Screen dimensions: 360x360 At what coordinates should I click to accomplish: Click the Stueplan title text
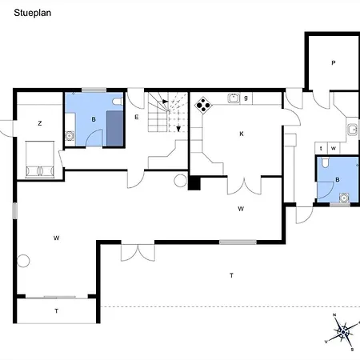point(33,13)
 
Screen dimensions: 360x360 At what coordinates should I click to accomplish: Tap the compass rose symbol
point(342,332)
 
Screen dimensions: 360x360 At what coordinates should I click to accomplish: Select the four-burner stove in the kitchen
point(203,106)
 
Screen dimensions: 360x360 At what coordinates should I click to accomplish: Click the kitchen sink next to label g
point(234,98)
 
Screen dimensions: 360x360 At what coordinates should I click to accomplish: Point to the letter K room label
point(242,134)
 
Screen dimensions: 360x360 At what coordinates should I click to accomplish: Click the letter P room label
point(334,63)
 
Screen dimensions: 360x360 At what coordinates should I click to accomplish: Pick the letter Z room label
point(40,123)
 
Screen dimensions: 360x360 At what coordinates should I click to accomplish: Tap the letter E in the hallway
point(137,117)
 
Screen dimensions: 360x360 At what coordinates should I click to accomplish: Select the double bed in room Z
point(40,159)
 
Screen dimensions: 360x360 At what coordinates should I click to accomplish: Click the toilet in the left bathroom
point(118,102)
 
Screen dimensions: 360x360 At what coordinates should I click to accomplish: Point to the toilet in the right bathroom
point(325,162)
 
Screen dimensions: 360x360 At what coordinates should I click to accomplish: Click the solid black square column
point(194,184)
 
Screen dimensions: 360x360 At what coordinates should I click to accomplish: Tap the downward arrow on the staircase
point(178,129)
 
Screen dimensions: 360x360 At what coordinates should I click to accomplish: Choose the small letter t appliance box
point(321,148)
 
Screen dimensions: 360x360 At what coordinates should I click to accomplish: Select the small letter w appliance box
point(334,148)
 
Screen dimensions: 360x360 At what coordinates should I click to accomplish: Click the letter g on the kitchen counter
point(246,98)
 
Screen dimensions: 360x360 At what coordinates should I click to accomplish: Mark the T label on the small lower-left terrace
point(56,311)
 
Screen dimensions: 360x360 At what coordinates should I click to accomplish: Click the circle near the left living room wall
point(23,261)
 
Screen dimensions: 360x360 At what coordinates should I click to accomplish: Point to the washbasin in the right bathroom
point(344,198)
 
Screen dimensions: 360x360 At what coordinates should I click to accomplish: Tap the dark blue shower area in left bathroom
point(115,128)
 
